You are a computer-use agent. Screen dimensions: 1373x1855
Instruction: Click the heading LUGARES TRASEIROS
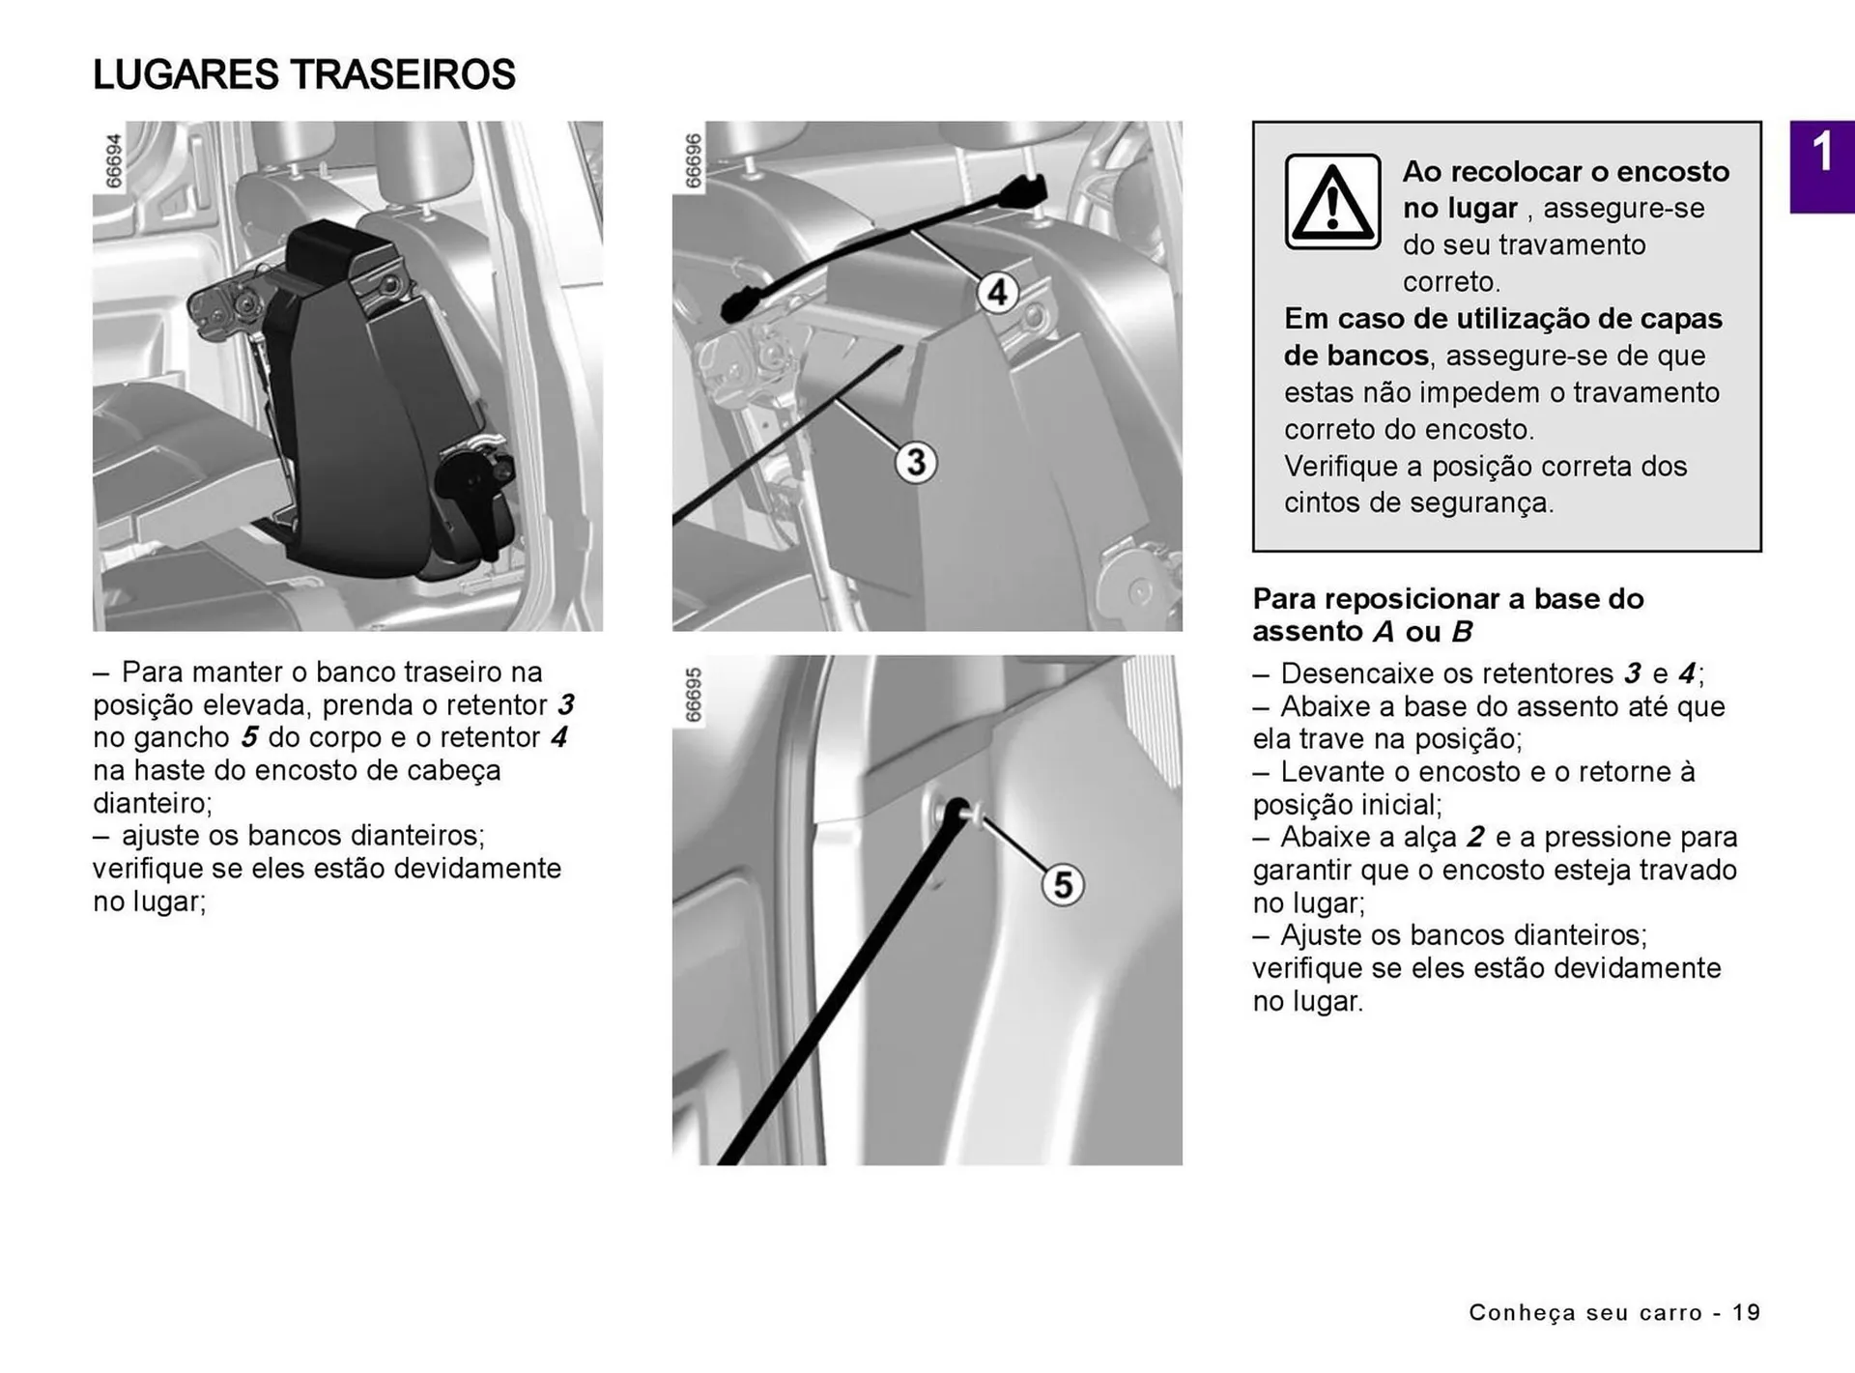304,75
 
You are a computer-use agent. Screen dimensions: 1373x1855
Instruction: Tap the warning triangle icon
1332,202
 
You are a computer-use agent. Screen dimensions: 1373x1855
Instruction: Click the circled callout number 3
916,462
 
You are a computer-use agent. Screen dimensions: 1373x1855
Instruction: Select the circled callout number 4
997,292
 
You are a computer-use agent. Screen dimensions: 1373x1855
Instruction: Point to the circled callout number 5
1062,884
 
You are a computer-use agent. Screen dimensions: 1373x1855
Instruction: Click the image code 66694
114,160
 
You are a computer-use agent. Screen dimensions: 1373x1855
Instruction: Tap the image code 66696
693,160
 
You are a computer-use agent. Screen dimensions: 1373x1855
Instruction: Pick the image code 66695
693,695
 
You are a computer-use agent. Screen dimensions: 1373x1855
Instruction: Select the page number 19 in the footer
1746,1312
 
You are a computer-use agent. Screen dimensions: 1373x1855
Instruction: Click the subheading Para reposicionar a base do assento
1447,615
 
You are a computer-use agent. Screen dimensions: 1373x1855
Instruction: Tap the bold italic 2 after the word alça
1475,837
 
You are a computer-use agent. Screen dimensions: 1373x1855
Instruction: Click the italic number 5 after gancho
249,737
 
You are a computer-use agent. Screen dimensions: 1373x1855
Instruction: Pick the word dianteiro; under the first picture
152,803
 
